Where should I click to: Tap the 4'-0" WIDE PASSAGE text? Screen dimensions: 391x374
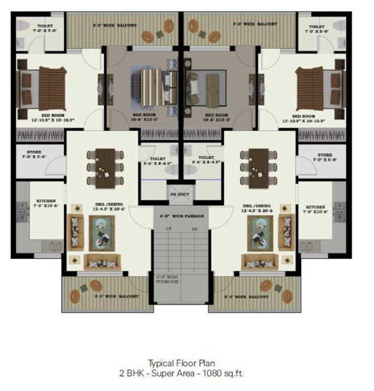[181, 216]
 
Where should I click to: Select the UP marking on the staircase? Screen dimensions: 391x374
[169, 229]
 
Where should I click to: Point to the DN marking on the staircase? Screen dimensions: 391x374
[194, 229]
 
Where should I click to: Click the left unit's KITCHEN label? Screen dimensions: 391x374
[47, 203]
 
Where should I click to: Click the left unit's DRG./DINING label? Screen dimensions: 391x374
[106, 205]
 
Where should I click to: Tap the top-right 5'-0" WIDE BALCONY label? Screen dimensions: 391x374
[254, 24]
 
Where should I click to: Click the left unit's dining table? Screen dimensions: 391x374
[104, 168]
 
